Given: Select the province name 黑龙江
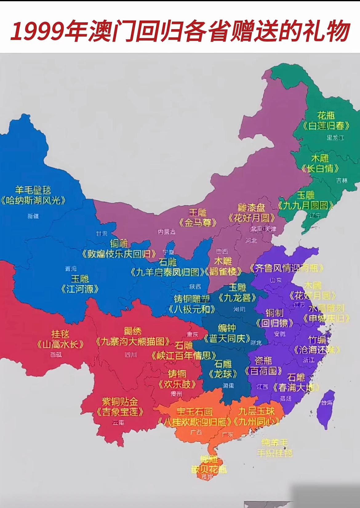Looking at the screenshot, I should click(335, 137).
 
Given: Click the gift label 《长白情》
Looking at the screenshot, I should click(320, 168).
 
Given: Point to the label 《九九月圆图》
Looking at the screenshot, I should click(306, 205).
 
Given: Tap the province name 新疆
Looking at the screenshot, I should click(33, 216).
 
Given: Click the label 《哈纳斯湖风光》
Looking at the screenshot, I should click(33, 201).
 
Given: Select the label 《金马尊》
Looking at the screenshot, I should click(198, 223).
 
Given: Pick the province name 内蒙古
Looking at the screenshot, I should click(166, 232).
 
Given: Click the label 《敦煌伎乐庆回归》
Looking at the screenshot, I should click(119, 254).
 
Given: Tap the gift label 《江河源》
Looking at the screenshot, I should click(80, 289).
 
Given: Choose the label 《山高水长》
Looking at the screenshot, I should click(60, 344).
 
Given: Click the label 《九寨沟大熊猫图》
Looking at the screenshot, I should click(133, 341).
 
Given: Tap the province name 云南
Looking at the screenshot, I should click(118, 423).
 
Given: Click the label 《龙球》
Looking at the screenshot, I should click(223, 374).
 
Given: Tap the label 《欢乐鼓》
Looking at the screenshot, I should click(177, 384).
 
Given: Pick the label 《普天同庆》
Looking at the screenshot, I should click(227, 339).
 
